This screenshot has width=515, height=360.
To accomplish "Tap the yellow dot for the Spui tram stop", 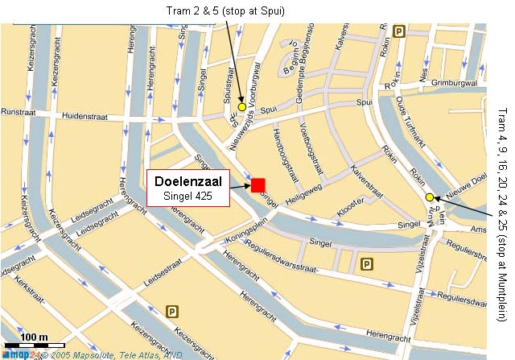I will (241, 106).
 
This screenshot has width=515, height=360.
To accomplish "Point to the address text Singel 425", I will (188, 196).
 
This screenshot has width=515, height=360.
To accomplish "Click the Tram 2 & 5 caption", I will (227, 10).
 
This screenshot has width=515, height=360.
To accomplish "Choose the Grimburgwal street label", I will (455, 81).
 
